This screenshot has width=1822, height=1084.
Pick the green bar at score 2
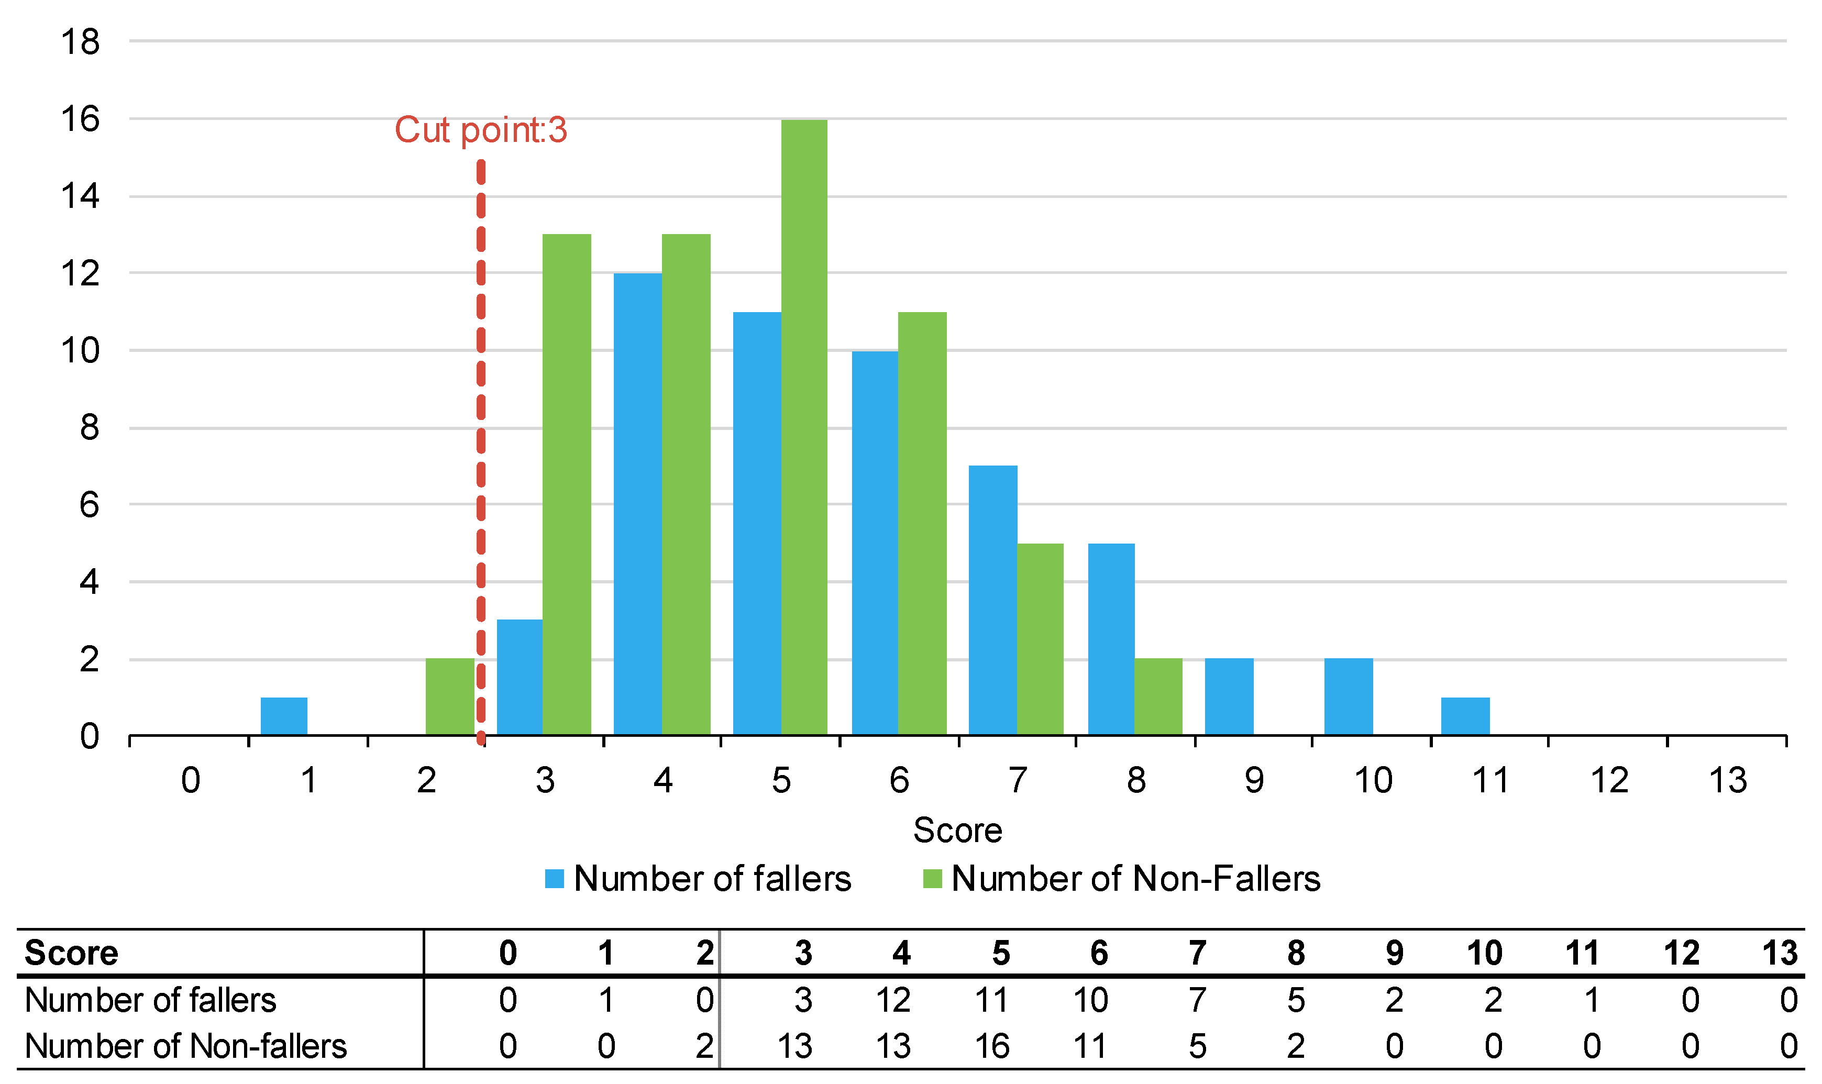pyautogui.click(x=449, y=697)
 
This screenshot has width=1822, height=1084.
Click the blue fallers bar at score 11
pyautogui.click(x=1465, y=716)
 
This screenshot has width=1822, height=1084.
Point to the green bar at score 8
pyautogui.click(x=1158, y=697)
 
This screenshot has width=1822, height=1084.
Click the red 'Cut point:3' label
pyautogui.click(x=481, y=130)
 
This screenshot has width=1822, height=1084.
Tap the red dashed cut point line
pyautogui.click(x=481, y=438)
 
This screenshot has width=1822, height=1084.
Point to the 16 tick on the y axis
pyautogui.click(x=80, y=119)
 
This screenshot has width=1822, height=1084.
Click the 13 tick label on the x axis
pyautogui.click(x=1728, y=781)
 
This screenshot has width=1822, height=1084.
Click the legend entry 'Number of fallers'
pyautogui.click(x=698, y=879)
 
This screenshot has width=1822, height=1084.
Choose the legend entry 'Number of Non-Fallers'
pyautogui.click(x=1121, y=879)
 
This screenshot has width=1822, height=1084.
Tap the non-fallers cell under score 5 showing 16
pyautogui.click(x=991, y=1046)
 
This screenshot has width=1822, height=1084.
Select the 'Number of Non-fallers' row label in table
pyautogui.click(x=185, y=1046)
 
